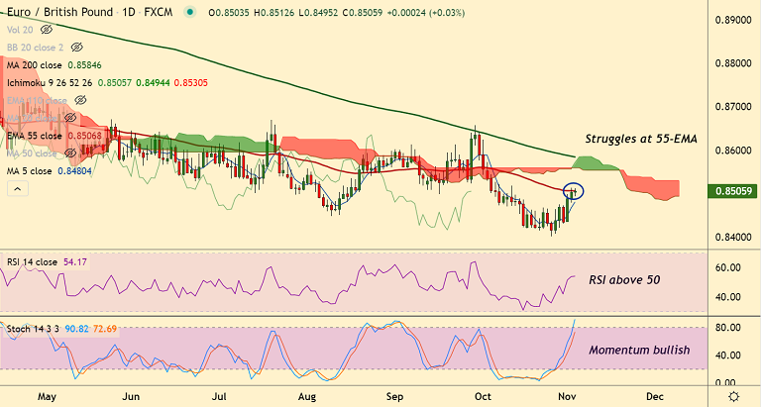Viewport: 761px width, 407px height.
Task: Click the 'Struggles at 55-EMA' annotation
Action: click(641, 140)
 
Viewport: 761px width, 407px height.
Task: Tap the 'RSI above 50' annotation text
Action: click(624, 280)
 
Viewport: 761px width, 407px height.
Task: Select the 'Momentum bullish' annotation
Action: click(639, 351)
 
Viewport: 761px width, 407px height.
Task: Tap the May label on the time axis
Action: click(47, 396)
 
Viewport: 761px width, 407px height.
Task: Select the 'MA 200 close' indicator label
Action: click(35, 65)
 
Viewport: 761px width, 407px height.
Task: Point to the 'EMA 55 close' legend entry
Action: click(35, 136)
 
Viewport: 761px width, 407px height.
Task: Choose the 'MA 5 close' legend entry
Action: click(30, 171)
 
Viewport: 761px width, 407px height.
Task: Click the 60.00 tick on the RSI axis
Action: click(728, 267)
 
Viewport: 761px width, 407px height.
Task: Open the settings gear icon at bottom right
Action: click(733, 395)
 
